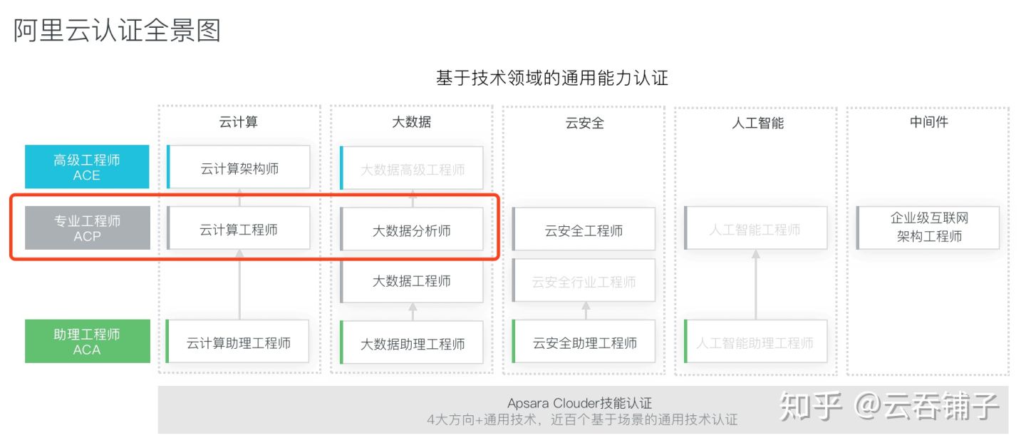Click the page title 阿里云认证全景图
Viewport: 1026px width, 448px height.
[118, 31]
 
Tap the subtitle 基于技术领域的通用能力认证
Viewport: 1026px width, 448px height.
[551, 78]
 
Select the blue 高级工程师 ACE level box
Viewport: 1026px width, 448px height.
[87, 167]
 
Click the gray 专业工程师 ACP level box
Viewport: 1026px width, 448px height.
[87, 228]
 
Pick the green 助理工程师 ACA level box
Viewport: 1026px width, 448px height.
[87, 341]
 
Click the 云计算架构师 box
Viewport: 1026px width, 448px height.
[239, 168]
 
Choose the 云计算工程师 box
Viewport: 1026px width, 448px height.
[239, 229]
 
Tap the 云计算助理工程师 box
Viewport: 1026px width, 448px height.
[239, 342]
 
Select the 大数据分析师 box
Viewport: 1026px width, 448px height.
[412, 230]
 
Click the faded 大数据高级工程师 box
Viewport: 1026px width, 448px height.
[412, 169]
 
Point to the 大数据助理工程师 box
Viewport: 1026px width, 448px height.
[412, 343]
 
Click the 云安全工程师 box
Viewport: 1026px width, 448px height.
[584, 230]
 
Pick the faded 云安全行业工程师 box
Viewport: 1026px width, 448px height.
[584, 281]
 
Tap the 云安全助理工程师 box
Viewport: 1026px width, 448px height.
[584, 342]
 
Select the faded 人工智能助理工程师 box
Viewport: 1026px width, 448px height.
[755, 342]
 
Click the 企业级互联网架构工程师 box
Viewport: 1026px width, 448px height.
[928, 227]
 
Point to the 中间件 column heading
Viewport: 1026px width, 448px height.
[928, 122]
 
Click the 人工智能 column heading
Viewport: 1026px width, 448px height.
[757, 123]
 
